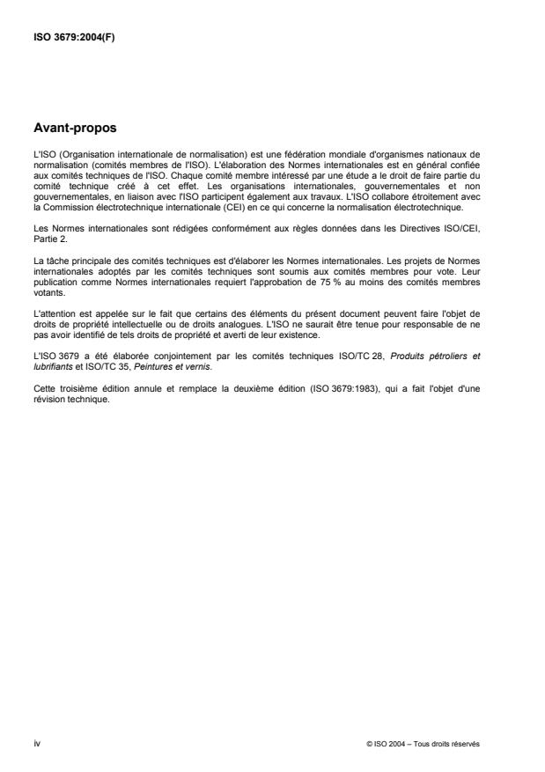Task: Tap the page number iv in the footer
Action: pos(36,743)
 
